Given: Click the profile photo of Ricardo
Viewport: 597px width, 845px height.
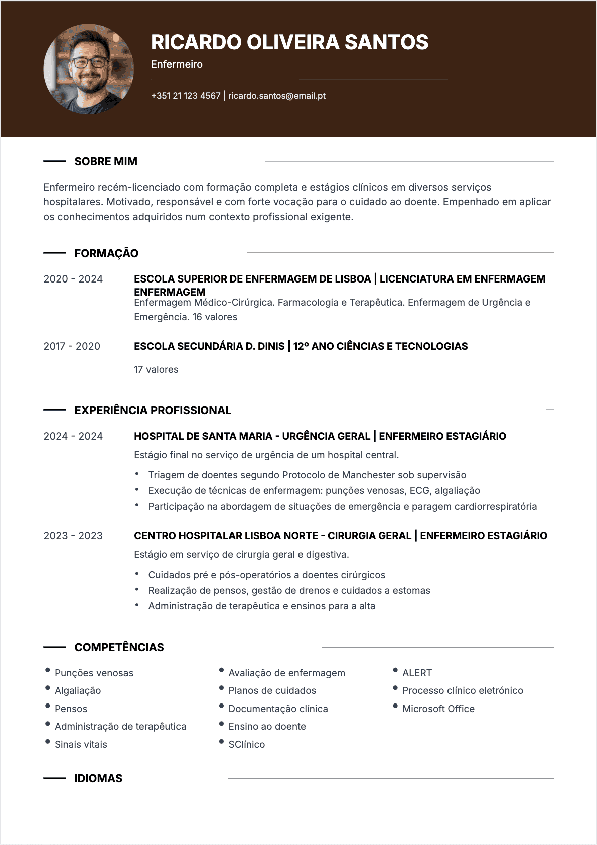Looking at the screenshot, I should (x=89, y=69).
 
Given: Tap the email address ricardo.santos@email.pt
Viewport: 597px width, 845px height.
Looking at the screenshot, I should (x=277, y=96).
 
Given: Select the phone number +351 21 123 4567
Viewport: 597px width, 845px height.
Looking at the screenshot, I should (x=186, y=96).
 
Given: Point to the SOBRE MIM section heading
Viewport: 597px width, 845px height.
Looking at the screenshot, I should (x=106, y=161).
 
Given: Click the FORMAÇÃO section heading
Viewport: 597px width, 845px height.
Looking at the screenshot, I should (x=106, y=253).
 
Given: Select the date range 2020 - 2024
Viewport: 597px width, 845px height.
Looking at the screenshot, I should (x=73, y=279).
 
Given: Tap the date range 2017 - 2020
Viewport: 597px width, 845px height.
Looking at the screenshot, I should (x=72, y=346).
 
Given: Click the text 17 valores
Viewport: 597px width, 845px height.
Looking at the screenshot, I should (x=156, y=370).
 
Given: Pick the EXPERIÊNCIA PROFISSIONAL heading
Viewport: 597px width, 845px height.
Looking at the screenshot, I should (x=153, y=410).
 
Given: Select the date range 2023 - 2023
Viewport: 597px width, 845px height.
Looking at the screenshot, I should (x=73, y=536).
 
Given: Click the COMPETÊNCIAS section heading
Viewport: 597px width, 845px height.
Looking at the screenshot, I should (x=119, y=647).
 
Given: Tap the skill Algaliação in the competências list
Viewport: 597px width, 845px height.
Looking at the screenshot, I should (x=78, y=691).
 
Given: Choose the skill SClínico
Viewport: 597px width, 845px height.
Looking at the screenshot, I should (x=247, y=745).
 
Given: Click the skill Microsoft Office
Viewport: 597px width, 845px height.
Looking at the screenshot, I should (x=438, y=709).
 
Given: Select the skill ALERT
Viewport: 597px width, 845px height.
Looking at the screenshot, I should (x=417, y=673).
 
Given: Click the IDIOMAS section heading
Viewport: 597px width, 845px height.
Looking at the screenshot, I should (x=98, y=778).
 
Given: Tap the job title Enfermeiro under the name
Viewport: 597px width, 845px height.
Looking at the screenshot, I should (x=177, y=64).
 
